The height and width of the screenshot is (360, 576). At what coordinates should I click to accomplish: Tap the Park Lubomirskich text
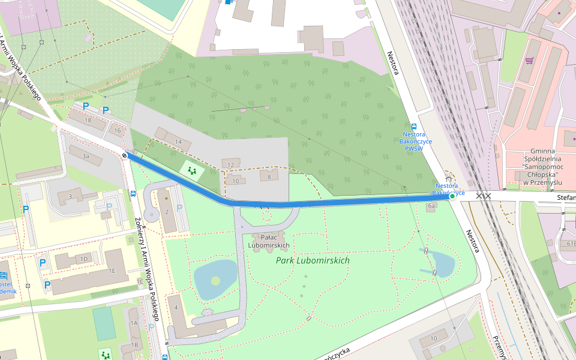coord(312,261)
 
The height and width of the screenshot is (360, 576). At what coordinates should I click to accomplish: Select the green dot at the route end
coord(452,196)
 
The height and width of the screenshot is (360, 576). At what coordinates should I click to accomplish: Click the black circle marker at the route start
coord(124,155)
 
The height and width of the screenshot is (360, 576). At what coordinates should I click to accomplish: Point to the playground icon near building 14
coord(193,171)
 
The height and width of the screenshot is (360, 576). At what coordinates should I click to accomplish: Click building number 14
coord(178,142)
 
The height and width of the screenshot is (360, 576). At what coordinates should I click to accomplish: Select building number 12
coord(230,164)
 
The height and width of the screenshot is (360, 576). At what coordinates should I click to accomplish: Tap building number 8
coord(269,176)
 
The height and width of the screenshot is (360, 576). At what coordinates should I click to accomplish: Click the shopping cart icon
coord(529,61)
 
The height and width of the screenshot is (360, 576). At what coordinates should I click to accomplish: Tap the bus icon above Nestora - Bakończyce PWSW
coord(414,126)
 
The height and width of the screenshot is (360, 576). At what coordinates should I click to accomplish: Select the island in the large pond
coord(215,281)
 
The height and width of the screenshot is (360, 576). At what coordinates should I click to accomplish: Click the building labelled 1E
coord(112,271)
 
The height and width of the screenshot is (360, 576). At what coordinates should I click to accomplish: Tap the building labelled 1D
coord(84,259)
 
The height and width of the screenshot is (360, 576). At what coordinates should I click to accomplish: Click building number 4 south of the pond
coord(176,308)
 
